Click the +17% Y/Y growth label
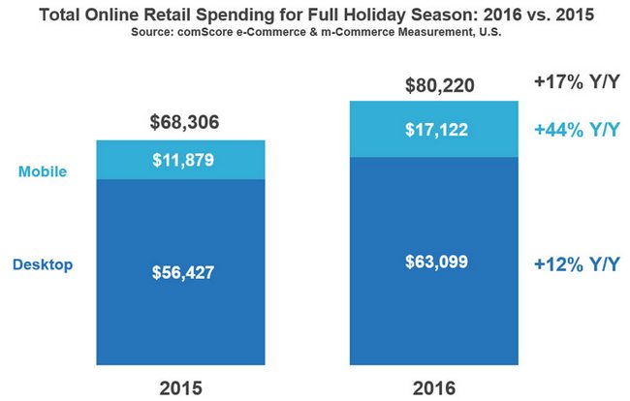point(577,83)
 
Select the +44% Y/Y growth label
point(577,129)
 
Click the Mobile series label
point(43,171)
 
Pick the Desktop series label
point(43,263)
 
